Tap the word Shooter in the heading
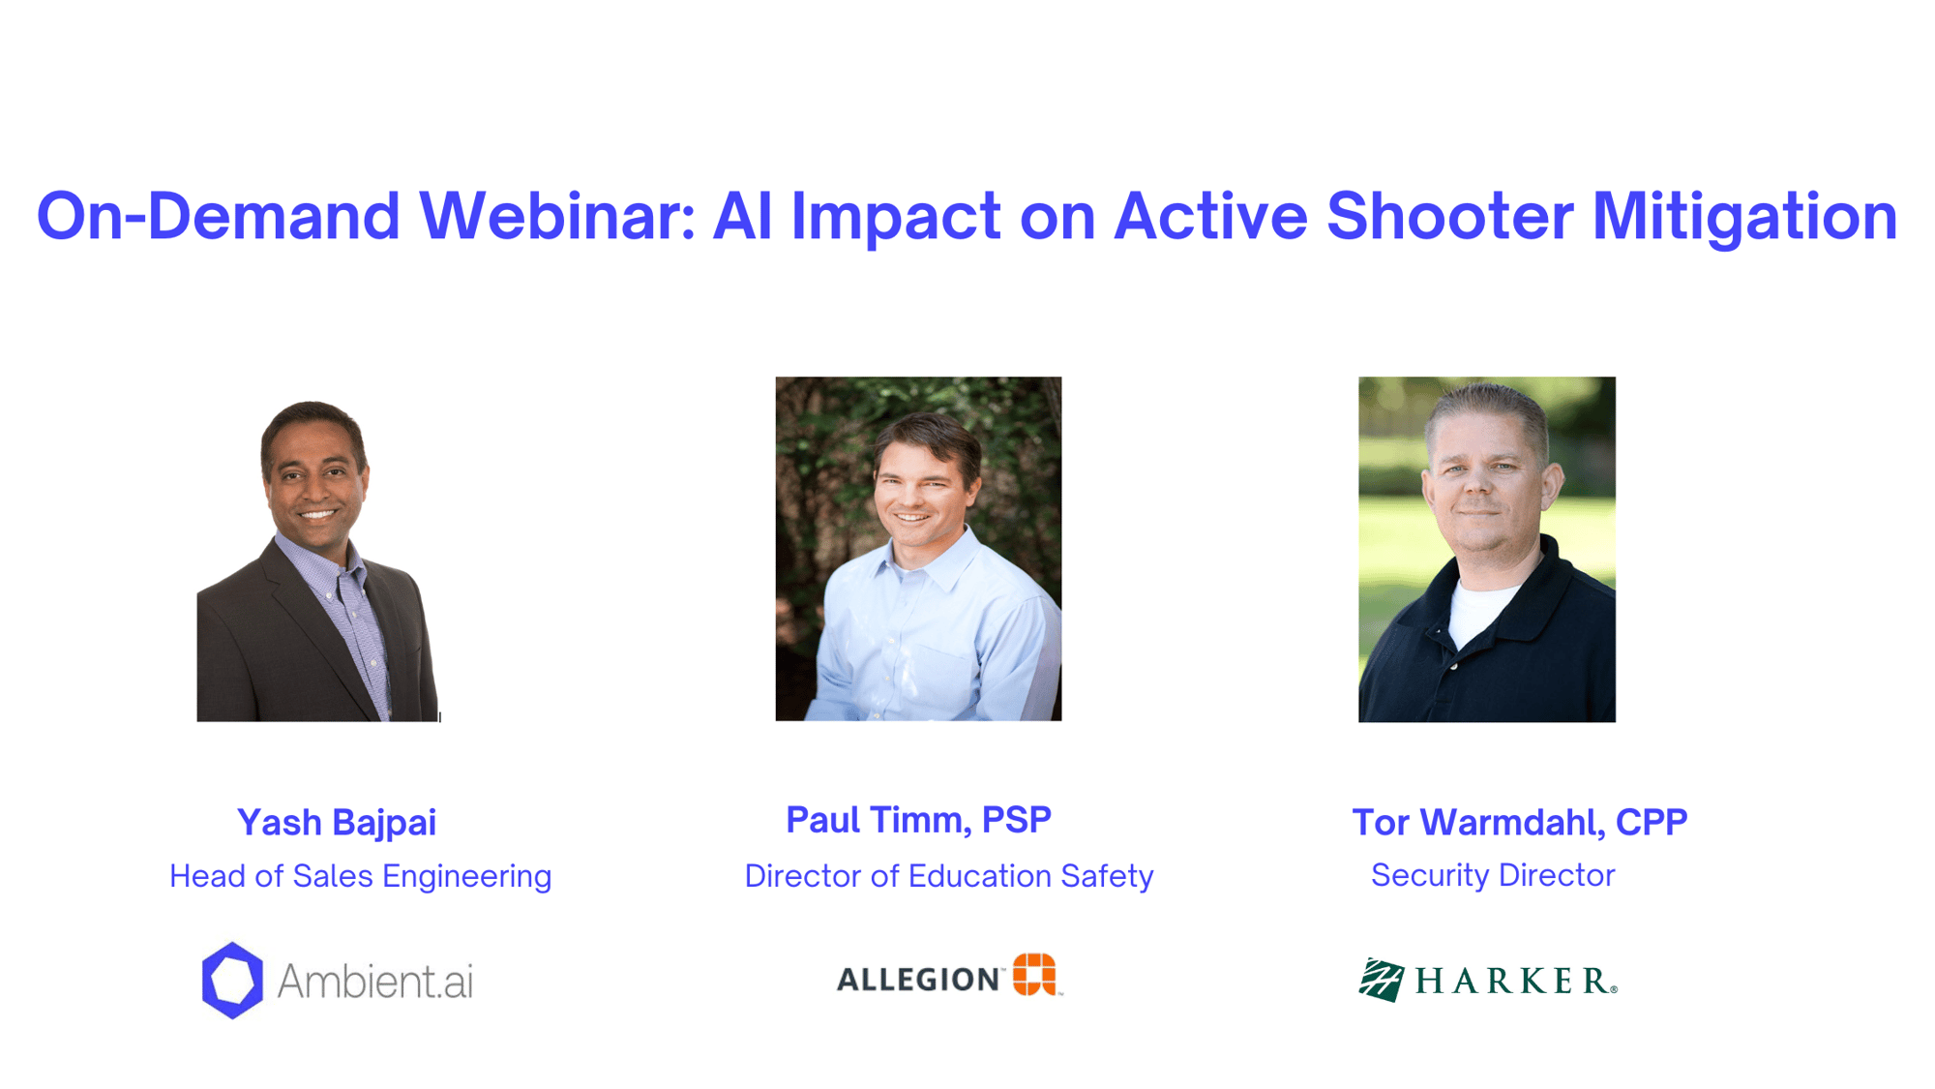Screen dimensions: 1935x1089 (x=1449, y=215)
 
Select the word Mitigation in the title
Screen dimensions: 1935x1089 (x=1745, y=217)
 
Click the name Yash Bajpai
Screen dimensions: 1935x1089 (x=337, y=824)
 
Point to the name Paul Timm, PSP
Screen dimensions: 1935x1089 (x=918, y=820)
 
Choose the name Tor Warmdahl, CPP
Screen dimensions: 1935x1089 (x=1519, y=822)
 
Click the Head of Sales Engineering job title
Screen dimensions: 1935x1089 (x=361, y=877)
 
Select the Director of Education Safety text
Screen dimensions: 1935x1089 (x=949, y=876)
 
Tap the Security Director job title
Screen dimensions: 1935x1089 (x=1493, y=875)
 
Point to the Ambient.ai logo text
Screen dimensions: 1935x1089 (x=375, y=982)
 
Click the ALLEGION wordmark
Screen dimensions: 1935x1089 (x=918, y=980)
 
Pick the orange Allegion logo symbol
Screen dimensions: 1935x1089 (x=1034, y=974)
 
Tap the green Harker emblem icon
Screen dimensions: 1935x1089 (x=1382, y=981)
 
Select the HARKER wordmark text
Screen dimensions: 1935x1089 (x=1514, y=982)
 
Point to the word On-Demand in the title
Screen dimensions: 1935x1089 (x=219, y=215)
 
